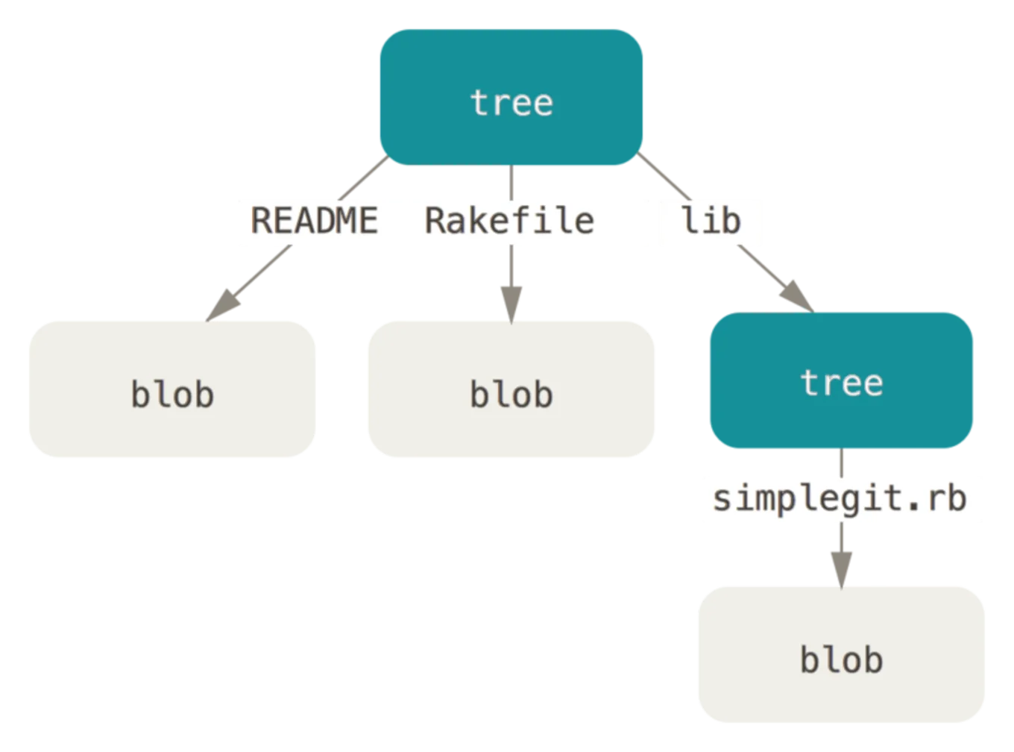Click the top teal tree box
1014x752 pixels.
point(511,97)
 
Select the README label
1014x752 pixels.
point(314,222)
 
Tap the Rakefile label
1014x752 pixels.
point(509,222)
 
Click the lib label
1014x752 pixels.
point(711,222)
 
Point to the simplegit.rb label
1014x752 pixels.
point(840,498)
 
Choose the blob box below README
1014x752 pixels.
point(171,388)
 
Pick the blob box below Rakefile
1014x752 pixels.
point(511,388)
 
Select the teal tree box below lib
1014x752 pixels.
point(840,380)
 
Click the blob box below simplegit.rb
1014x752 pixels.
point(841,657)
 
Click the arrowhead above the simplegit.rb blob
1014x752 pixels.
point(841,567)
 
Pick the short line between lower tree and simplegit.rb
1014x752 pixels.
point(841,463)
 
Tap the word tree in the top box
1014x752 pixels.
point(511,102)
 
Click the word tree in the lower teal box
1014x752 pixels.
point(841,383)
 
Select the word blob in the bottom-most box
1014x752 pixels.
point(841,660)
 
